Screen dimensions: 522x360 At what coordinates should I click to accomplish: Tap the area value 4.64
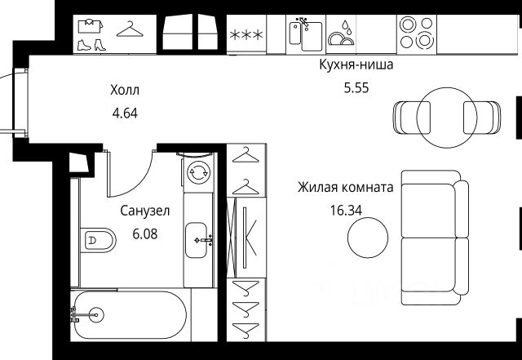pyautogui.click(x=125, y=113)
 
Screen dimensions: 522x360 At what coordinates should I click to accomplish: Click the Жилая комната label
pyautogui.click(x=346, y=187)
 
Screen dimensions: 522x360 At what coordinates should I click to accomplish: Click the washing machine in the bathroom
pyautogui.click(x=198, y=172)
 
